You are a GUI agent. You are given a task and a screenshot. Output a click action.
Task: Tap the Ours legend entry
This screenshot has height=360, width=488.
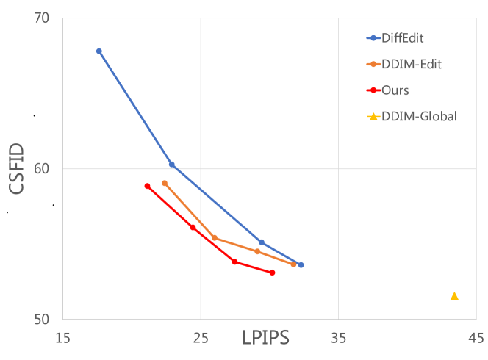point(395,90)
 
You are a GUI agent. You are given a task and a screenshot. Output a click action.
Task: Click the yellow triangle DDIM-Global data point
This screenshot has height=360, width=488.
point(454,296)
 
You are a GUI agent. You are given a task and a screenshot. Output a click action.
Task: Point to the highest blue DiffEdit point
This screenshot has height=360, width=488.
point(98,51)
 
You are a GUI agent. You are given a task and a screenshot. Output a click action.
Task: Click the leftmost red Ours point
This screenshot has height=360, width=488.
point(147,186)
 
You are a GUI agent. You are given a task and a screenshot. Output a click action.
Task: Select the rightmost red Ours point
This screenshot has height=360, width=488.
point(272,273)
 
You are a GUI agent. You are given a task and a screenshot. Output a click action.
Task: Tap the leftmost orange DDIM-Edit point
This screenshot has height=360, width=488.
point(165,183)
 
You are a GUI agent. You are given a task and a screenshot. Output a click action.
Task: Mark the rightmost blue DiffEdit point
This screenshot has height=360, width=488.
point(301,265)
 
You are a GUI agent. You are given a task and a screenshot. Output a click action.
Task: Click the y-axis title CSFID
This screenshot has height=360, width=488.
point(18,169)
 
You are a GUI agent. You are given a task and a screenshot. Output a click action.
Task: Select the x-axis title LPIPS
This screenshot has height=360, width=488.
point(265,339)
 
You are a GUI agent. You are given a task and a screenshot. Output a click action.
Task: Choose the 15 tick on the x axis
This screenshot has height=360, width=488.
point(62,338)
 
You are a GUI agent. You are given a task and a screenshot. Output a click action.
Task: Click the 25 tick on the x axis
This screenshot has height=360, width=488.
point(201,338)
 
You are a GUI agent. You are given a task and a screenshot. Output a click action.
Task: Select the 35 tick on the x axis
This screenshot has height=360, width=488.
point(338,338)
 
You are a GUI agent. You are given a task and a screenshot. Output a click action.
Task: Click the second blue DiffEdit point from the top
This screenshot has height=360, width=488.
point(171,165)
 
